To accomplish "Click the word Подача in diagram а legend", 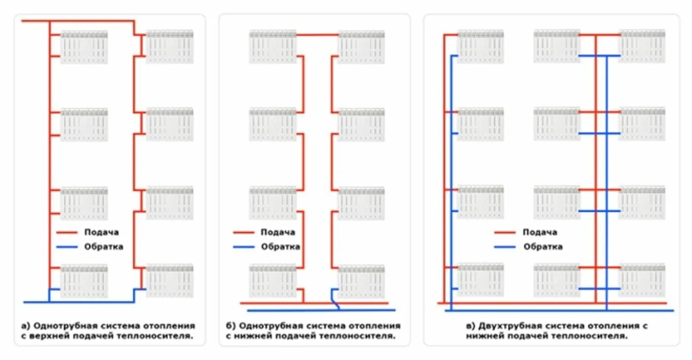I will point(101,232).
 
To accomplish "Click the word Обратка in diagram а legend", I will point(103,247).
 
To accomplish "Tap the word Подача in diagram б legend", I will point(278,232).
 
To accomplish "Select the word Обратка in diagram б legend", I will point(280,247).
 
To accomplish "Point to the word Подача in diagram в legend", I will point(540,232).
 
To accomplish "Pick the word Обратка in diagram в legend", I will point(543,247).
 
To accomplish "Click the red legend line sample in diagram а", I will point(67,232).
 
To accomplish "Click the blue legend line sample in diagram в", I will point(505,247).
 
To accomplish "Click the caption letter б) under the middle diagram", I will point(231,326).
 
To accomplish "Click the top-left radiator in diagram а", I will point(84,47).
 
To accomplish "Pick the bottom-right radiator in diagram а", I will point(170,281).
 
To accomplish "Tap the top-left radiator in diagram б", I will point(272,47).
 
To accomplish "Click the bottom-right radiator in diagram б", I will point(361,282).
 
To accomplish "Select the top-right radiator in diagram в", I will point(642,46).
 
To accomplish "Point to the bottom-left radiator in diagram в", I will point(480,279).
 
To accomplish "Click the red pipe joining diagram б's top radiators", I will point(317,35).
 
